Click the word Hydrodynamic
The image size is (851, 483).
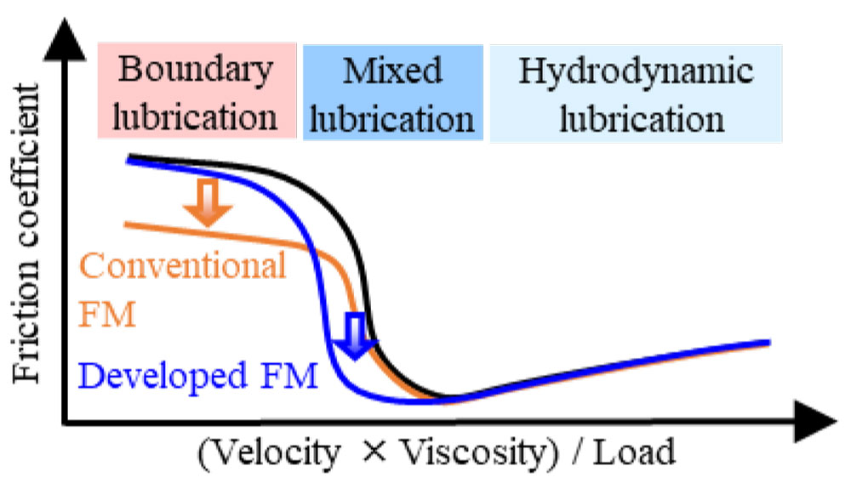[636, 71]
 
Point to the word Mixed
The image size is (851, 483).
[392, 71]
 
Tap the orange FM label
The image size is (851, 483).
[108, 315]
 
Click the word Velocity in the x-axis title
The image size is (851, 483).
[271, 452]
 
